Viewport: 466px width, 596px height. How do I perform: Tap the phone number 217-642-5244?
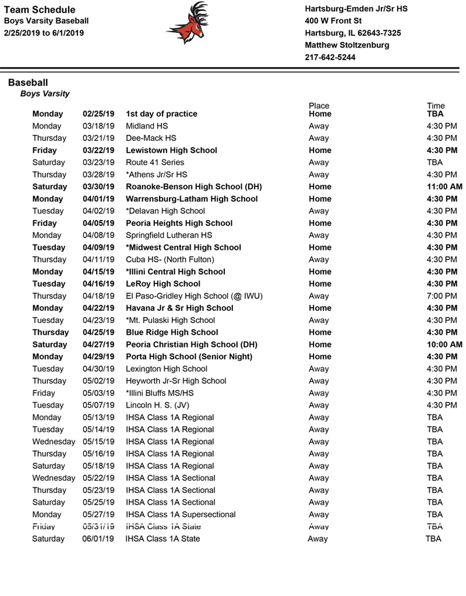point(330,58)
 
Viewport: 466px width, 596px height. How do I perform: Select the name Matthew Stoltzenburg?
point(347,45)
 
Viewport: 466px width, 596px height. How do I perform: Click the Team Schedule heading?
point(39,9)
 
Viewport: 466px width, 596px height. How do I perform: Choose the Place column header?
point(319,106)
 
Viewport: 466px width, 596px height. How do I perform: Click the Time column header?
point(436,106)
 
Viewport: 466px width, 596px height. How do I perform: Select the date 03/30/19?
point(98,187)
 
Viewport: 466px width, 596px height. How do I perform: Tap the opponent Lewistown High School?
point(171,150)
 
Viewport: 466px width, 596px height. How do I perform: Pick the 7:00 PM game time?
point(442,296)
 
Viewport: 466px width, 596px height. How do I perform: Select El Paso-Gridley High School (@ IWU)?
point(194,296)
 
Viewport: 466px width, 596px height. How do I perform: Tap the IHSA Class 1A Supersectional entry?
point(181,515)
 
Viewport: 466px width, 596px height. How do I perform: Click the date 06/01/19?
point(98,539)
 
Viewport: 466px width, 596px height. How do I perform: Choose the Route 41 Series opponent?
point(155,162)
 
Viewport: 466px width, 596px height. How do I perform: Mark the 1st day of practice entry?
point(161,114)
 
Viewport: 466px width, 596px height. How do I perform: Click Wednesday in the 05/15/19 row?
point(54,442)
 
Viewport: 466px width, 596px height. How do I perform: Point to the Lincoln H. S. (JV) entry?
point(157,405)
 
